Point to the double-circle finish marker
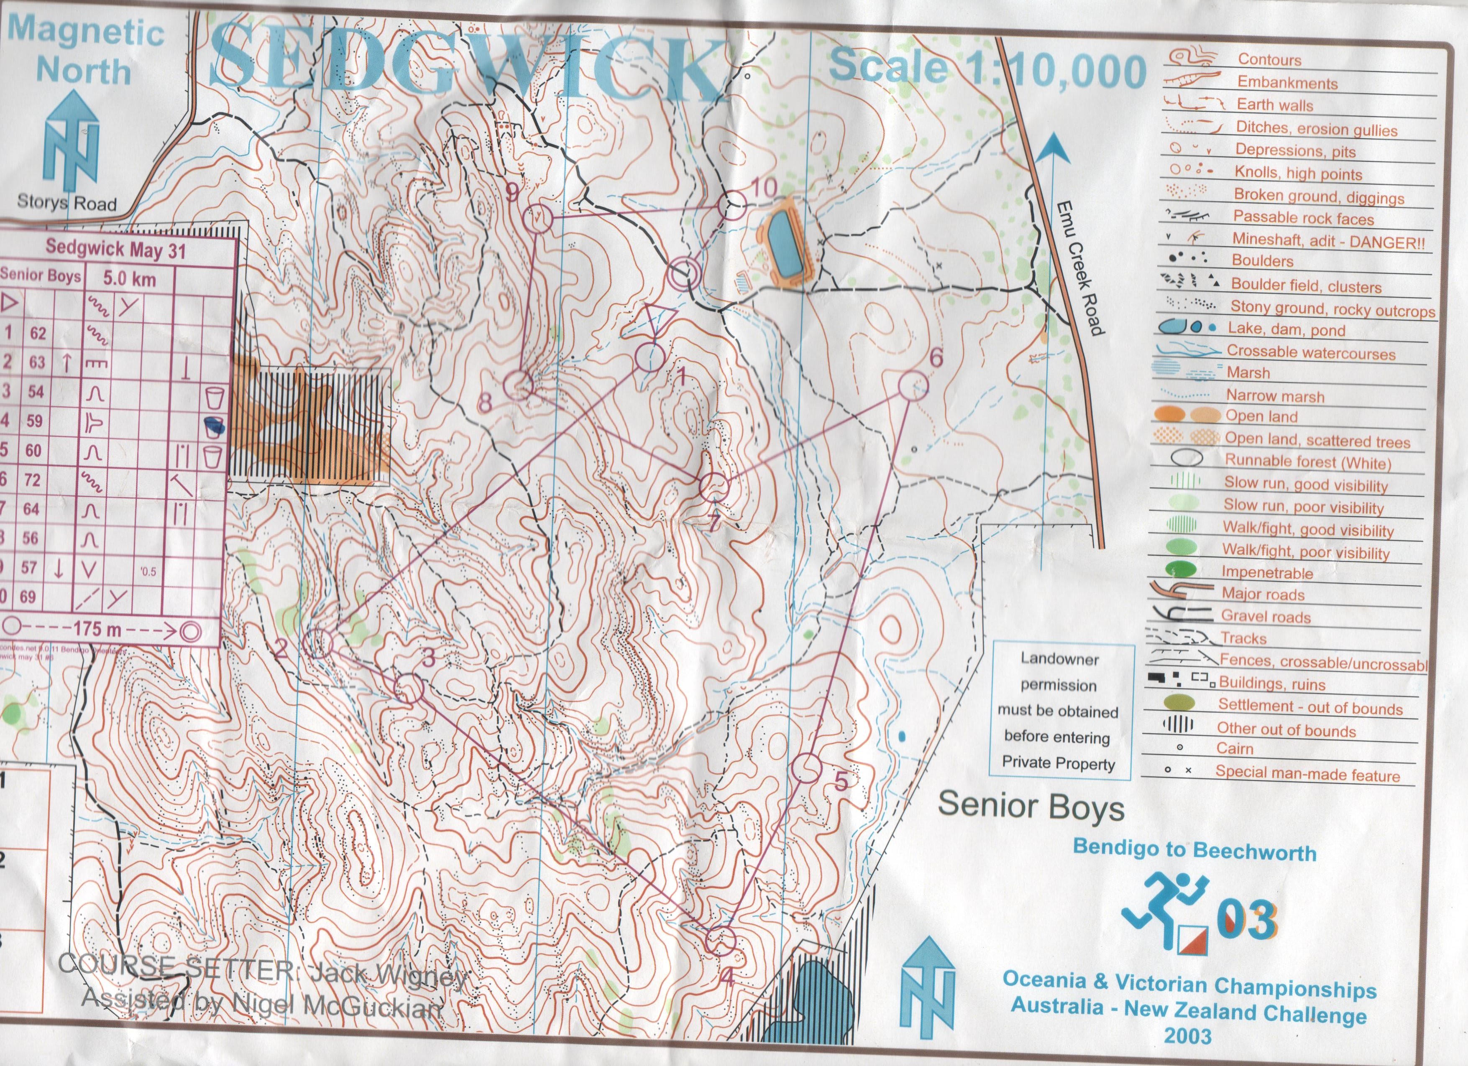coord(683,275)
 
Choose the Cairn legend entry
coord(1234,748)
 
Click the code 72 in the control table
coord(32,480)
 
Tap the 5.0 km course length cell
coord(130,279)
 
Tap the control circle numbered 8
coord(518,385)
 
